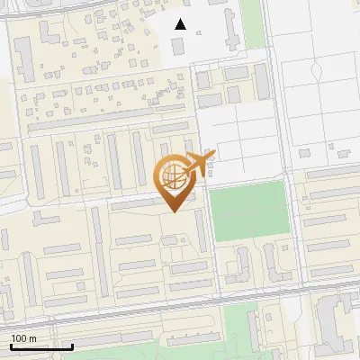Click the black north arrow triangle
point(180,24)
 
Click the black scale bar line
point(41,346)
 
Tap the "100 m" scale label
point(23,338)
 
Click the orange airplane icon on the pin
point(197,163)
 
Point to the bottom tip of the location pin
point(174,211)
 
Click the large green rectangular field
point(248,211)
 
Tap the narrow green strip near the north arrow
point(253,22)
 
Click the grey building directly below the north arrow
point(176,44)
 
